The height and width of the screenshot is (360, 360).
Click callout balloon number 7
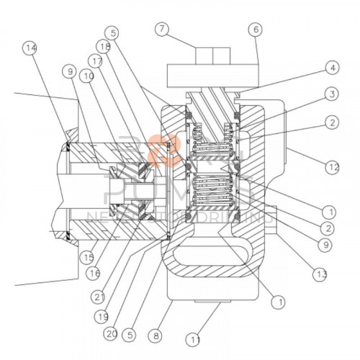pos(163,30)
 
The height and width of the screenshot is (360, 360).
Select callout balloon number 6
pos(256,30)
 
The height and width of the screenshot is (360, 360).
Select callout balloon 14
pos(30,48)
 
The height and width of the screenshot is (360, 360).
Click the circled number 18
pos(105,47)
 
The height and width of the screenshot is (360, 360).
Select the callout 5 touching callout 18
pos(110,32)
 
